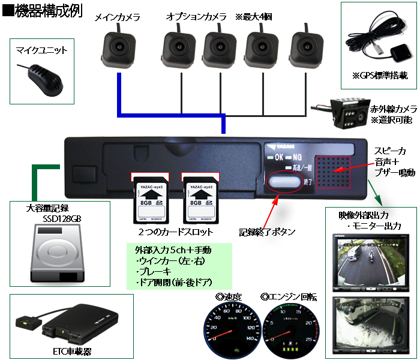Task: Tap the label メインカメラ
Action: coord(118,18)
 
